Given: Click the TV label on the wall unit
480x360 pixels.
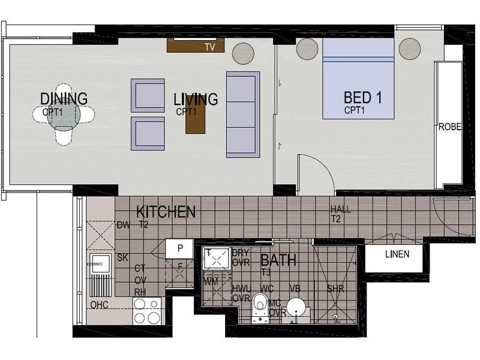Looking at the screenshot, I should coord(209,47).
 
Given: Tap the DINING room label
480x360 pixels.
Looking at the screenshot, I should coord(64,98).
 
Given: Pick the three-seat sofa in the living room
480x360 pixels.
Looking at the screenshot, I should coord(243,114).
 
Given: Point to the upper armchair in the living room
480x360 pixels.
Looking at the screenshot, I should coord(148,95).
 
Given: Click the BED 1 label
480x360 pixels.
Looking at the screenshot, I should coord(363,97).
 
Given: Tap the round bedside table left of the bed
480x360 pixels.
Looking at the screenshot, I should coord(307,47).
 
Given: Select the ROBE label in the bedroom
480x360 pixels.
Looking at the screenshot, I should coord(449,127).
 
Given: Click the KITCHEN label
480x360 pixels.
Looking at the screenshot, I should coord(166,212).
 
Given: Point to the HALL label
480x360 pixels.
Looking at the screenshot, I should coord(340,209).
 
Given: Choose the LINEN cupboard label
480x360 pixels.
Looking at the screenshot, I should coord(397,254).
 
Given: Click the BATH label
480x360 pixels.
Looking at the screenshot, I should coord(278,260).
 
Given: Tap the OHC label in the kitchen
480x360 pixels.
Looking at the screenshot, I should coord(99,305).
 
